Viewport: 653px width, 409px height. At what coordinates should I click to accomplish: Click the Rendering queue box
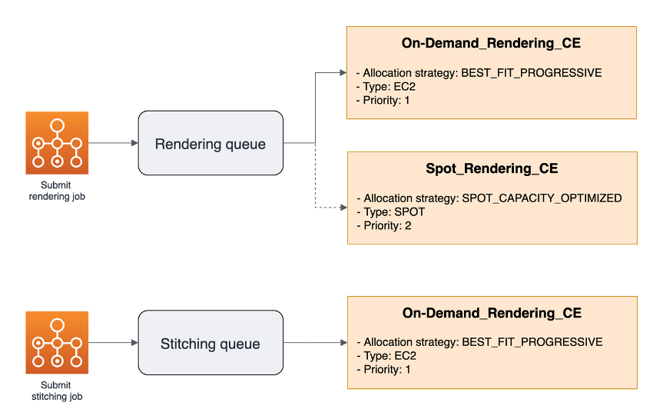tap(210, 144)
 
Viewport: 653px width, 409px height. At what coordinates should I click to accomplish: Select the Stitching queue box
tap(210, 344)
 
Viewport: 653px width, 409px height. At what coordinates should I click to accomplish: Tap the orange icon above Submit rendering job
tap(57, 143)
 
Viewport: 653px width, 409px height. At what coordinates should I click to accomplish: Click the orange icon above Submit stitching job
tap(57, 343)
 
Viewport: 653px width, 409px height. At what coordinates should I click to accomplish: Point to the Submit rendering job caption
tap(57, 191)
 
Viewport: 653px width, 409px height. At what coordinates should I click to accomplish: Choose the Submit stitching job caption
tap(57, 391)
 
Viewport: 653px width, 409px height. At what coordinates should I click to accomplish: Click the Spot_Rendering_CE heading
tap(492, 168)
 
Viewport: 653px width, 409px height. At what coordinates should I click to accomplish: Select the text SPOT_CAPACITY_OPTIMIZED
tap(542, 198)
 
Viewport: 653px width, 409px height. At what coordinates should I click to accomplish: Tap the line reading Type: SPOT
tap(390, 211)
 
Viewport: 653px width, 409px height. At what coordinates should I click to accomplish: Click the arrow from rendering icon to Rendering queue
tap(113, 143)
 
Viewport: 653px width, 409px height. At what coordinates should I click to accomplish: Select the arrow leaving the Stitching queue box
tap(315, 343)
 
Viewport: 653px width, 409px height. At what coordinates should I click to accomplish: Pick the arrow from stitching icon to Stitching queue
tap(113, 343)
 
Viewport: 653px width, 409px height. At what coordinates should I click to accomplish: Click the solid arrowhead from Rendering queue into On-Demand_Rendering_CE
tap(342, 73)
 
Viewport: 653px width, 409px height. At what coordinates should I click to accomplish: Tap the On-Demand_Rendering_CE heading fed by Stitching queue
tap(492, 313)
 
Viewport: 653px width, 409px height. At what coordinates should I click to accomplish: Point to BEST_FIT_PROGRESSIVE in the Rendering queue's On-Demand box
tap(531, 73)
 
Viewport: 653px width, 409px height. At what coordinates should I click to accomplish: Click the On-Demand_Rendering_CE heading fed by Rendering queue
tap(491, 43)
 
